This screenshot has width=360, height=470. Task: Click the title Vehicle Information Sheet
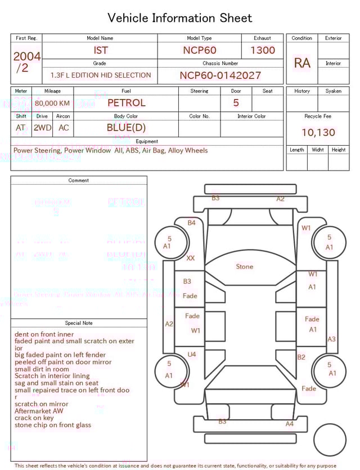pyautogui.click(x=179, y=18)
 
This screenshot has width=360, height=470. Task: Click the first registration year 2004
pyautogui.click(x=26, y=57)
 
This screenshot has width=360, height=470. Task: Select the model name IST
pyautogui.click(x=101, y=50)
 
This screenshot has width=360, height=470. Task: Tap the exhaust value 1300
pyautogui.click(x=262, y=50)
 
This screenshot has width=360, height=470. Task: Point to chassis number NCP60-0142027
pyautogui.click(x=220, y=75)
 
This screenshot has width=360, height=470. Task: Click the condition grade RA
pyautogui.click(x=302, y=63)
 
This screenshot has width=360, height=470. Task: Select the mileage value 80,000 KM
pyautogui.click(x=52, y=104)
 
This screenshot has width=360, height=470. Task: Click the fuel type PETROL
pyautogui.click(x=126, y=103)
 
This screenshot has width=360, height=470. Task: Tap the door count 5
pyautogui.click(x=236, y=103)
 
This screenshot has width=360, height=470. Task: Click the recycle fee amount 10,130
pyautogui.click(x=318, y=133)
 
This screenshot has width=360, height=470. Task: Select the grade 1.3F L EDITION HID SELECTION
pyautogui.click(x=101, y=75)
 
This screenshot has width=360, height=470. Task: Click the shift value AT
pyautogui.click(x=21, y=128)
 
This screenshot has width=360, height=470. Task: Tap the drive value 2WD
pyautogui.click(x=42, y=128)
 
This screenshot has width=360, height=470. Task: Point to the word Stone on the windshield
pyautogui.click(x=244, y=267)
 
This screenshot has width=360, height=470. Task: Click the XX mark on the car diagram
pyautogui.click(x=191, y=258)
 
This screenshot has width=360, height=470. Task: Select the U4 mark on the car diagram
pyautogui.click(x=192, y=355)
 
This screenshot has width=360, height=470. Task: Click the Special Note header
pyautogui.click(x=79, y=323)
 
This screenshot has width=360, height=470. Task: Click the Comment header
pyautogui.click(x=79, y=181)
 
